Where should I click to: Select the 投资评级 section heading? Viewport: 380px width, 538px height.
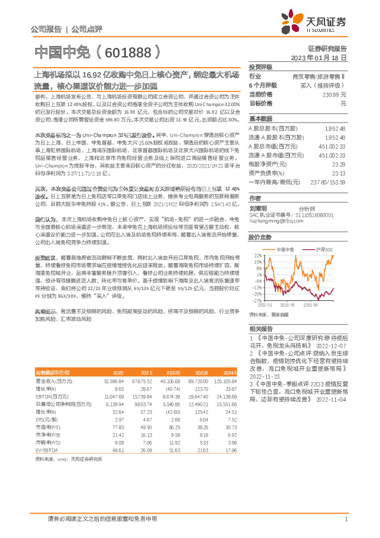pos(260,66)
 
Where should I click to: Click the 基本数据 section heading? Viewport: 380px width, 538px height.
pos(260,119)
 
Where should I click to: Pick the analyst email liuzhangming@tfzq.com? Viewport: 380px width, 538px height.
pos(275,222)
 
